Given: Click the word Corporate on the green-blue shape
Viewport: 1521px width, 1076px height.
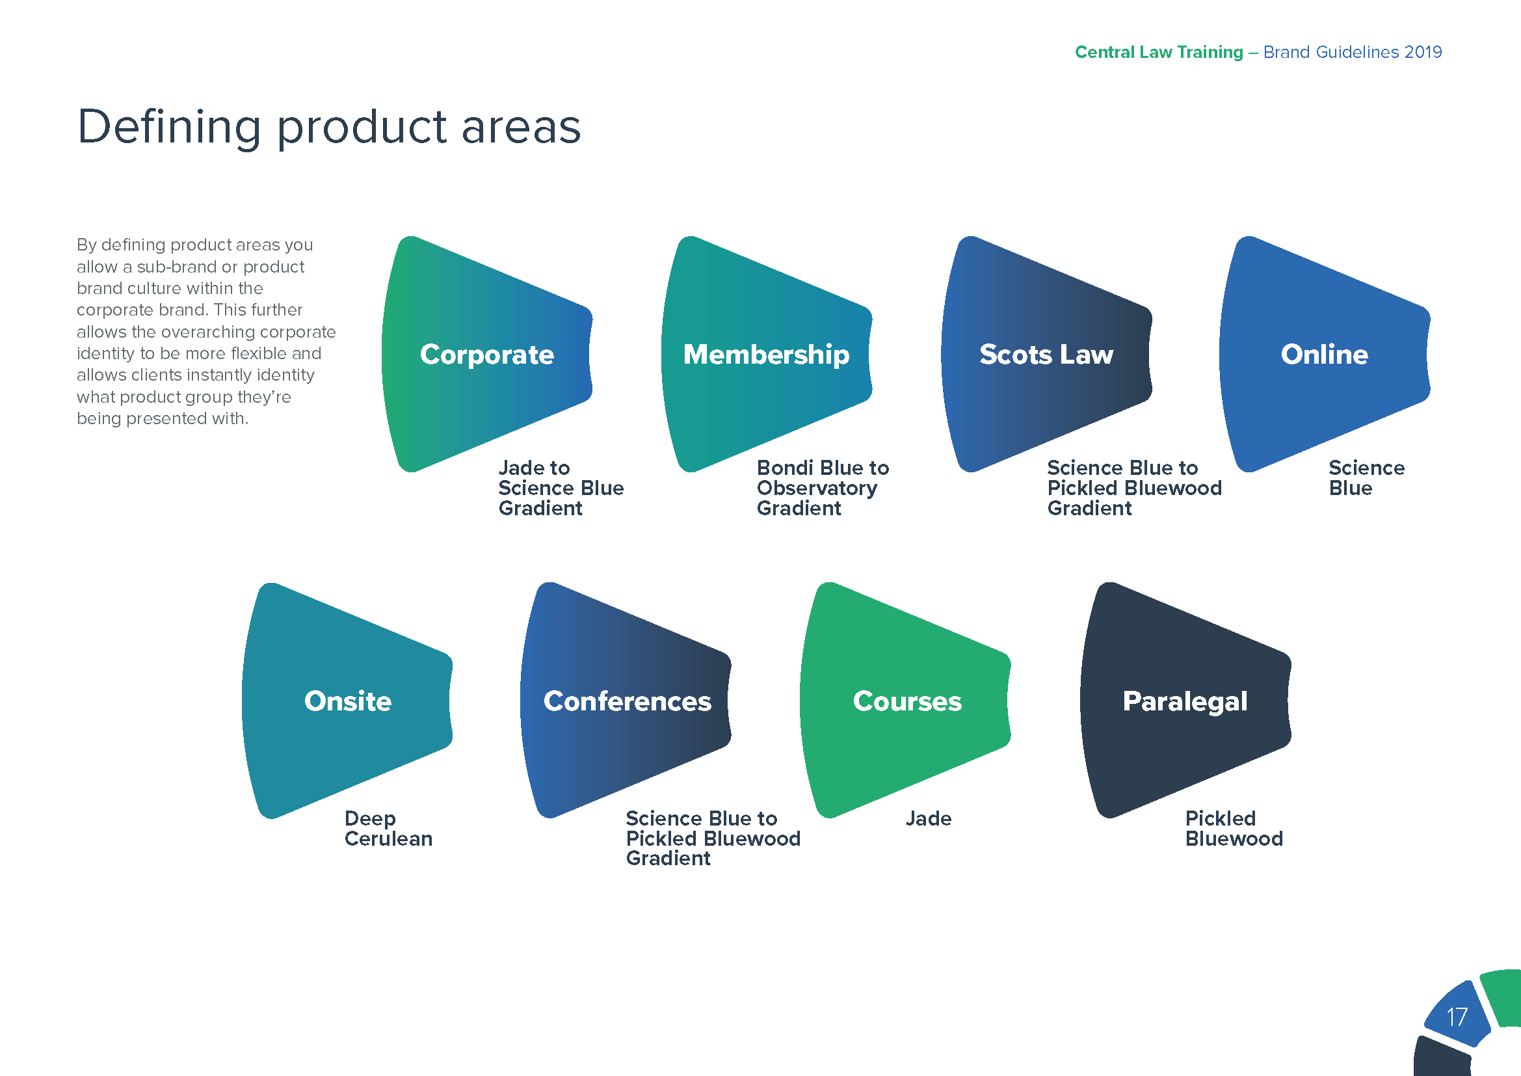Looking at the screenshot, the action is [487, 355].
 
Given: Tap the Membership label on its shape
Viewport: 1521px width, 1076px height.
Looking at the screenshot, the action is [767, 355].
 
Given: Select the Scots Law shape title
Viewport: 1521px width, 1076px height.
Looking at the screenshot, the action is [1047, 355].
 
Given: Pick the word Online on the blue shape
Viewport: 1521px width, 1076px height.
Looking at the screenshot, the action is [1325, 355].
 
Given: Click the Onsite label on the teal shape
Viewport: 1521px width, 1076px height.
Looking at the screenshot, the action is [348, 701].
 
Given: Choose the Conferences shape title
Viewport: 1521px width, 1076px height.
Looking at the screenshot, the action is [628, 701].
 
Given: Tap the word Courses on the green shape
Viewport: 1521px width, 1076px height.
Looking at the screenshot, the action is [907, 701].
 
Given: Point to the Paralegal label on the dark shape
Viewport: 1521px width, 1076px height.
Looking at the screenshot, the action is [1185, 701].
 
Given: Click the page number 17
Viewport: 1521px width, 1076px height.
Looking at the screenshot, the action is [1457, 1017].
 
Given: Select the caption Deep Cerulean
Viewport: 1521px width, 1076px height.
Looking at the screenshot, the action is [388, 828].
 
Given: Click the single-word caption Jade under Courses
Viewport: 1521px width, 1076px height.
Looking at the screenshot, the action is [928, 818].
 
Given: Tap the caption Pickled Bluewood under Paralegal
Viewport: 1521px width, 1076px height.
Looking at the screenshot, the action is [1234, 828].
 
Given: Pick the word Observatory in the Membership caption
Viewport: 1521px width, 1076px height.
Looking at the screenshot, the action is [817, 489].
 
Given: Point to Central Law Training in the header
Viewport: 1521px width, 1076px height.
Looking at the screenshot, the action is [1159, 51].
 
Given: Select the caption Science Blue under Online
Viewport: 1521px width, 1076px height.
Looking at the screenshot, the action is [1366, 477].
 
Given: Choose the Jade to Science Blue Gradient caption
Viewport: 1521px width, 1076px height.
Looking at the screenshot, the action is [561, 489].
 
